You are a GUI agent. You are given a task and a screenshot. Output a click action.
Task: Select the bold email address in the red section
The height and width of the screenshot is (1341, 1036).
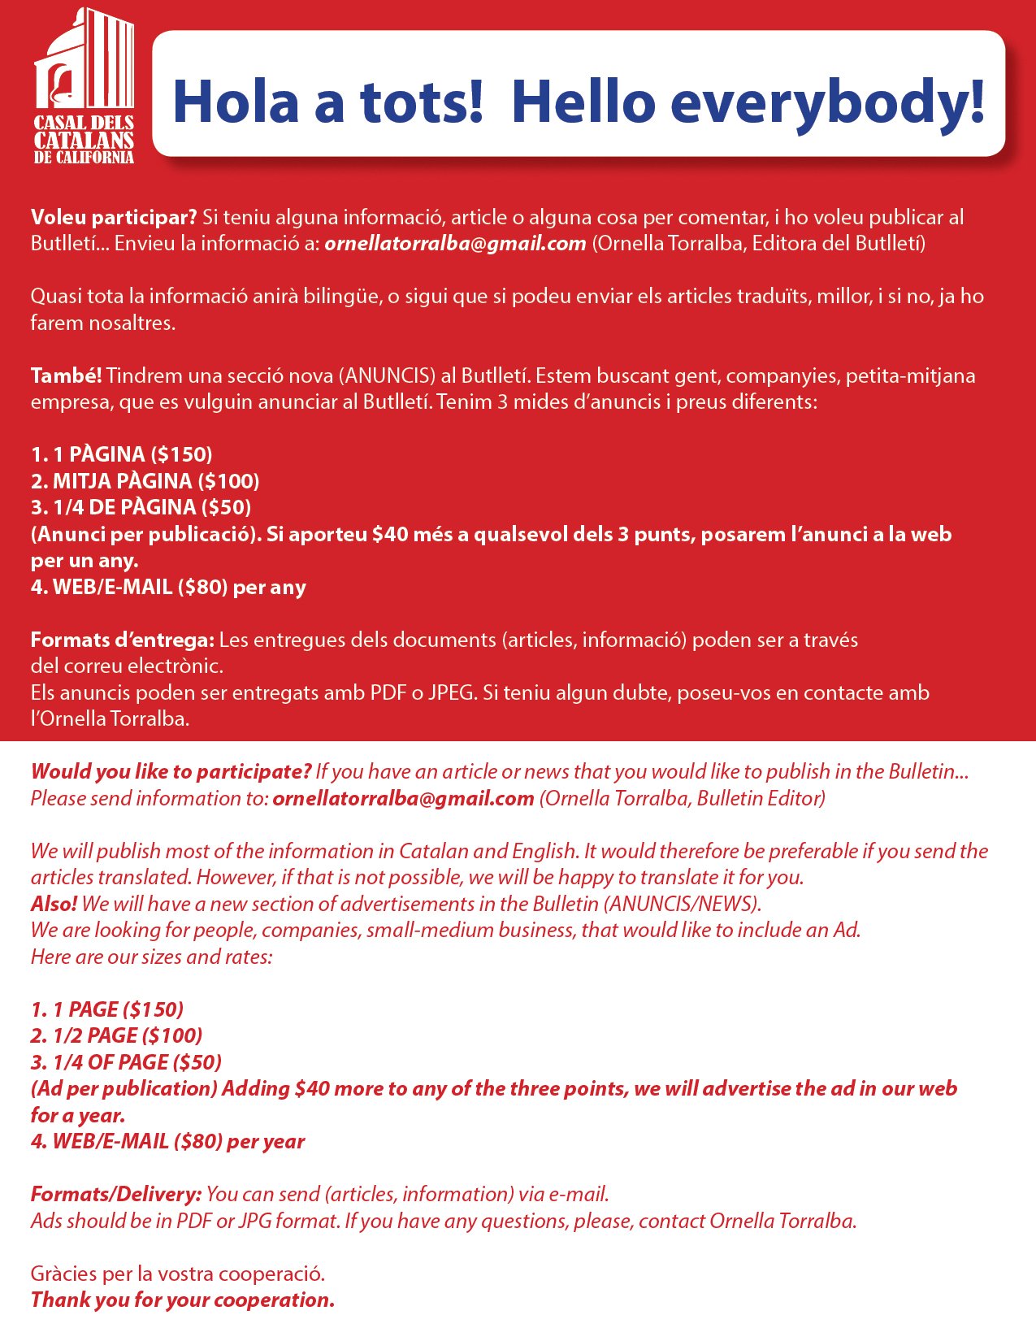coord(455,243)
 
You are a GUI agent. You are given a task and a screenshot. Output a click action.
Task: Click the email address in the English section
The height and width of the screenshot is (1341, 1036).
coord(403,798)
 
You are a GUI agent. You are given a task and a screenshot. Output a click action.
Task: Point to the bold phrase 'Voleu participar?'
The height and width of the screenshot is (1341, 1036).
coord(114,217)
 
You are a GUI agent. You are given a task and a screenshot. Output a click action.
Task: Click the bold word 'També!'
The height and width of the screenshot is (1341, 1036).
coord(66,375)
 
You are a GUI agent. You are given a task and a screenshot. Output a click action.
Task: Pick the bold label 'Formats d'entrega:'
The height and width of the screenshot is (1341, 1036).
coord(122,640)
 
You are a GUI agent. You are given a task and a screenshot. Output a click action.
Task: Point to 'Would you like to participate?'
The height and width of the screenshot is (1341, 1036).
coord(171,771)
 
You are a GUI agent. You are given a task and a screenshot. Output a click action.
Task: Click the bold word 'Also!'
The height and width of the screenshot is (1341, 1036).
coord(54,904)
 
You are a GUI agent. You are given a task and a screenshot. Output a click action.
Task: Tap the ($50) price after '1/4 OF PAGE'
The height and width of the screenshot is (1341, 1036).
coord(197,1062)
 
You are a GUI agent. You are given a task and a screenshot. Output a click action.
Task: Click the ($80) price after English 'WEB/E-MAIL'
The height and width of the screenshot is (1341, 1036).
coord(198,1141)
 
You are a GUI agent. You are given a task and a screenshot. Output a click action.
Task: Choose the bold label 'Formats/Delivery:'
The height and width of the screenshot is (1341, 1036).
coord(115,1194)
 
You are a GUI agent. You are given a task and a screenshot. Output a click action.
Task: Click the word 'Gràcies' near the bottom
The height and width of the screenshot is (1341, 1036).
coord(64,1274)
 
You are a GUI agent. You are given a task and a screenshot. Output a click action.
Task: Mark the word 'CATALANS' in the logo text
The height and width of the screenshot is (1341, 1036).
coord(84,140)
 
